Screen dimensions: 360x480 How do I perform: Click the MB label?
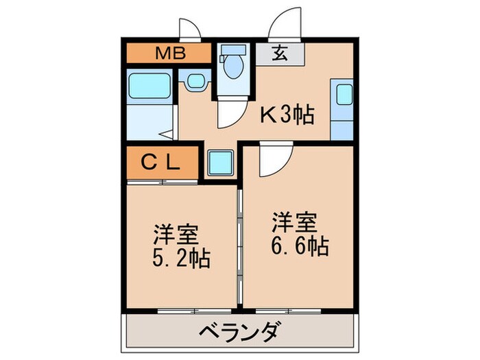pos(167,53)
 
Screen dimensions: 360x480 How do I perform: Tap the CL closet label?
pos(161,163)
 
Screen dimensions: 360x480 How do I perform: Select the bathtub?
pos(150,86)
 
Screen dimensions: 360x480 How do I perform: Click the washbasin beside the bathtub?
pos(194,81)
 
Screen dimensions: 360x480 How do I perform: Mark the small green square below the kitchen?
pos(220,163)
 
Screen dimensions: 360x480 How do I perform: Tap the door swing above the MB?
pos(189,30)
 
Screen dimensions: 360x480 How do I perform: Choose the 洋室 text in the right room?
pos(296,222)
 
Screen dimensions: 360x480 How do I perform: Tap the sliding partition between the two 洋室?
pos(240,240)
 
